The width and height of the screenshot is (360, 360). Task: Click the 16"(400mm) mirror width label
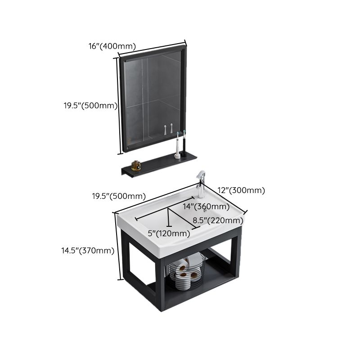112,45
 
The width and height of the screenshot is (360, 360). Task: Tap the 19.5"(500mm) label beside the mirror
90,106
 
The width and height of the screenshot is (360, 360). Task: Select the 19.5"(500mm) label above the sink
119,196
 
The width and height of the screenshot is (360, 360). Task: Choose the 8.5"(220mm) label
218,220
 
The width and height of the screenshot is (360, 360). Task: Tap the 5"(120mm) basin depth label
169,233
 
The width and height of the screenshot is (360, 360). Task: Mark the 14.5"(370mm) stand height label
88,251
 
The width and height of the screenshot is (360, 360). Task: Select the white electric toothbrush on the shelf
178,147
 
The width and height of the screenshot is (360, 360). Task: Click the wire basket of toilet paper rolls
187,272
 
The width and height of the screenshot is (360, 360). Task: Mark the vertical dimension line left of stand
120,245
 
